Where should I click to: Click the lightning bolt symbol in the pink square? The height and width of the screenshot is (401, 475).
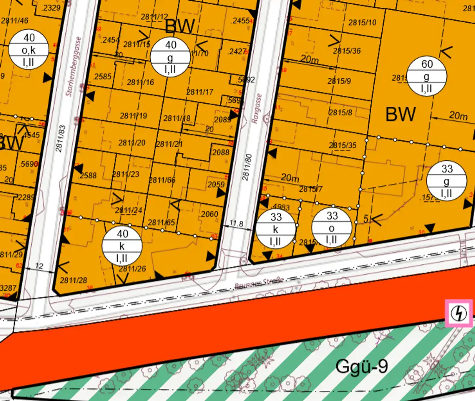459,313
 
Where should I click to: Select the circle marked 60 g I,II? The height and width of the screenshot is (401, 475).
427,76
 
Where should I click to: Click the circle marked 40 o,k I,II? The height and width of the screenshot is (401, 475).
29,50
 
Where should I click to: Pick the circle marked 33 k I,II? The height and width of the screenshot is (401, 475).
276,228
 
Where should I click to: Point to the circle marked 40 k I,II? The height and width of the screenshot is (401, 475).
122,246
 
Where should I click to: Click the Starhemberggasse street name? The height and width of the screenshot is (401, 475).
74,67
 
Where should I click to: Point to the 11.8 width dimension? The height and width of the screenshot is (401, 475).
236,224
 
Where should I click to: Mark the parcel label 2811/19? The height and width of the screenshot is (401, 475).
133,116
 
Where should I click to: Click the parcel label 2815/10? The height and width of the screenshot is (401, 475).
362,22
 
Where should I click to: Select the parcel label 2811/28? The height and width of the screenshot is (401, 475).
73,280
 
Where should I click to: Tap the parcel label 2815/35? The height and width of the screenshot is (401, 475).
343,145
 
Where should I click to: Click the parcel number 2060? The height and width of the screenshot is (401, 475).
210,214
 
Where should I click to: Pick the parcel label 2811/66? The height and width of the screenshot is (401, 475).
162,180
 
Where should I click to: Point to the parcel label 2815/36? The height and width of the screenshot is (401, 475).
347,51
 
